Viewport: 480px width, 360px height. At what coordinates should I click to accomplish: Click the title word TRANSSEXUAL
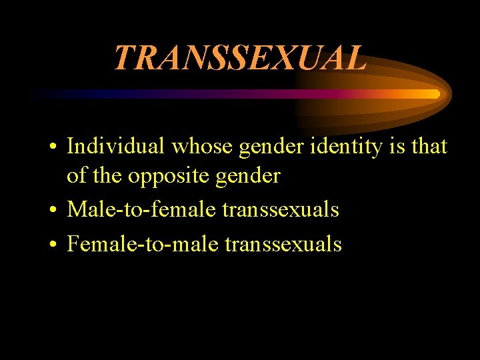click(x=239, y=58)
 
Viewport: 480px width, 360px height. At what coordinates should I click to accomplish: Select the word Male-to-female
click(x=141, y=211)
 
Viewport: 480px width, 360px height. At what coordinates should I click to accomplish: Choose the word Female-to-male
click(x=143, y=244)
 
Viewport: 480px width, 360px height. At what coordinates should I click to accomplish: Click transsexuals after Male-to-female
click(x=281, y=211)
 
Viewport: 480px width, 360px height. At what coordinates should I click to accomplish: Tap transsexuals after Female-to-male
click(x=283, y=244)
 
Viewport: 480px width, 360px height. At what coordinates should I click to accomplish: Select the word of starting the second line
click(x=77, y=177)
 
